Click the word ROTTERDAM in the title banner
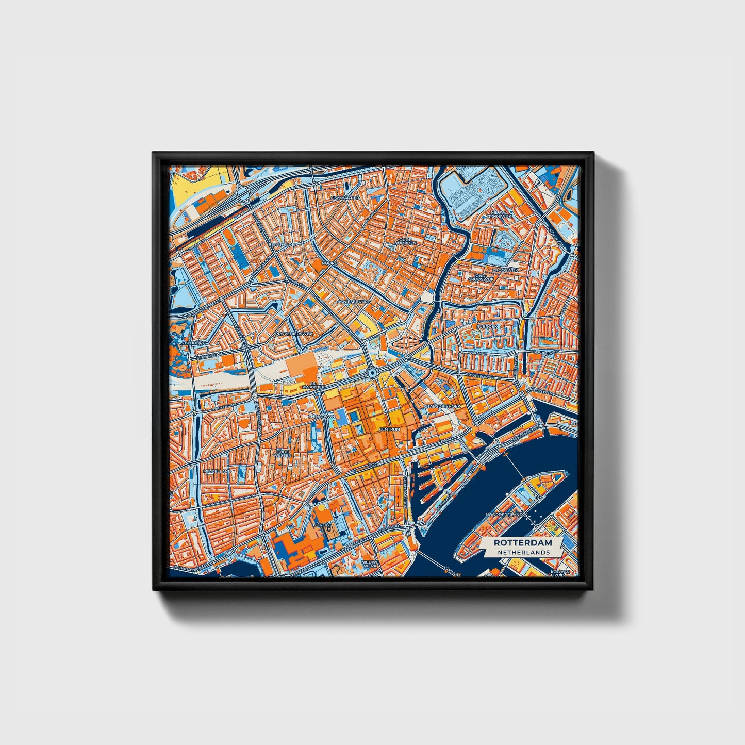tap(522, 543)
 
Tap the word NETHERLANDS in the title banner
tap(523, 552)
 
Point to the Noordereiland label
tap(504, 515)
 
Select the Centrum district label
tap(389, 429)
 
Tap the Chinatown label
tap(322, 416)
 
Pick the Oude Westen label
tap(283, 453)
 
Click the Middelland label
tap(218, 471)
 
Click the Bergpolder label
tap(283, 244)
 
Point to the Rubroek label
tap(486, 326)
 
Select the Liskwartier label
tap(345, 198)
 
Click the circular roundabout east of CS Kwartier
tap(372, 372)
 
